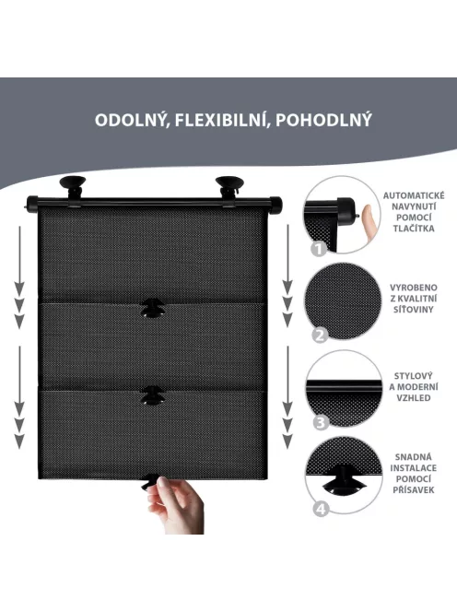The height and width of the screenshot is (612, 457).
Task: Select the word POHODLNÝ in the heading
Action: tap(323, 120)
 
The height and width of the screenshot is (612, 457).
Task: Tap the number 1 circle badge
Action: tap(319, 249)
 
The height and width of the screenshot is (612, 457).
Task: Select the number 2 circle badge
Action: tap(320, 335)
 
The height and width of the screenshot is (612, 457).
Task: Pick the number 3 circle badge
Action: tap(321, 422)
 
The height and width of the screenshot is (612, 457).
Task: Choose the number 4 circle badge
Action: tap(321, 509)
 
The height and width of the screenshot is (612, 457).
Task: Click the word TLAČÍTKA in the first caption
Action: tap(414, 229)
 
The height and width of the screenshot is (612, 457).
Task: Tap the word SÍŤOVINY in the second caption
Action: tap(414, 310)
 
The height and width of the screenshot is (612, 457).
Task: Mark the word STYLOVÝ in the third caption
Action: tap(414, 376)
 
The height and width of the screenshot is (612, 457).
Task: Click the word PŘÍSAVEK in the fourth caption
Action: tap(414, 489)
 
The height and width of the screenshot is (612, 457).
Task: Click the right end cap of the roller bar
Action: tap(275, 205)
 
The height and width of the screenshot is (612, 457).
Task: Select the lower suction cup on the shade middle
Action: tap(153, 395)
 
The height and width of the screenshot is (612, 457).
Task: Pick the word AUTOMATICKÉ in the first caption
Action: tap(414, 195)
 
